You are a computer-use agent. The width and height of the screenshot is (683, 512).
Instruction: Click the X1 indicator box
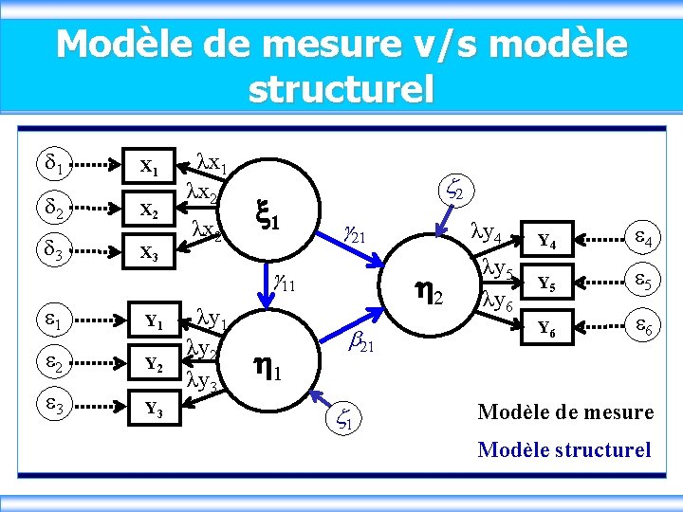(x=149, y=168)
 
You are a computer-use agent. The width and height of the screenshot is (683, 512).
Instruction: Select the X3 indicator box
(x=149, y=253)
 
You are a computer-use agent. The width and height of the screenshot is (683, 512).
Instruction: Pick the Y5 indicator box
(x=545, y=283)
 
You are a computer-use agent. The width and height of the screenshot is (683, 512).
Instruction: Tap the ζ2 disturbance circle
(x=452, y=192)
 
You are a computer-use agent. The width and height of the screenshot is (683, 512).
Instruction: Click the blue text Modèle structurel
(x=565, y=449)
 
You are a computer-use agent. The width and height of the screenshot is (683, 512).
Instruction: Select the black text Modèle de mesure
(x=566, y=411)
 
